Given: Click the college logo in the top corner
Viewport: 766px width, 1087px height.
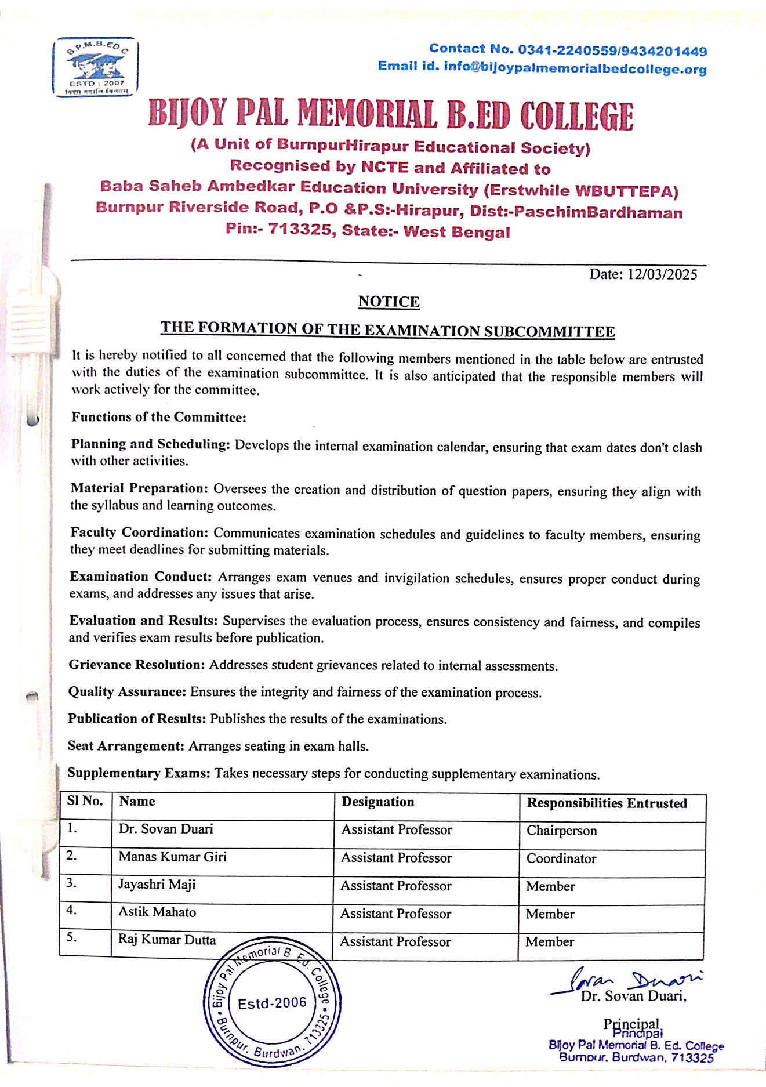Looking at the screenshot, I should pos(96,67).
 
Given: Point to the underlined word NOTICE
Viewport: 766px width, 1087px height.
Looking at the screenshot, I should pos(389,302).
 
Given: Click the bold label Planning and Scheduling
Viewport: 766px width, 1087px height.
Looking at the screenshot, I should pos(150,444).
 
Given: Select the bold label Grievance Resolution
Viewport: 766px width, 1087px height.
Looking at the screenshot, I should pos(137,665).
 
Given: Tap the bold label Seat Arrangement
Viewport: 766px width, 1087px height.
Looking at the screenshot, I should pos(126,746).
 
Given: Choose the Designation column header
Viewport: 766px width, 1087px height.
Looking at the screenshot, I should pos(377,802).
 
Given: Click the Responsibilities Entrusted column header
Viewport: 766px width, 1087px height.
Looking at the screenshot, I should pos(607,803).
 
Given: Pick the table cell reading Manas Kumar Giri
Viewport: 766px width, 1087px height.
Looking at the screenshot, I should pos(172,857).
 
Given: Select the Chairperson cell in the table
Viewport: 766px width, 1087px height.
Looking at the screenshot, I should pos(561,831).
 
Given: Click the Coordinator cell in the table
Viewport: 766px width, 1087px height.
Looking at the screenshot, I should pos(561,858).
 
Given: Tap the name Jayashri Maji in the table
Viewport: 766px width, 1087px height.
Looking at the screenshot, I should pos(157,885).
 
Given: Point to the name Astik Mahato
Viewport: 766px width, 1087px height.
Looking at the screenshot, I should pos(157,912).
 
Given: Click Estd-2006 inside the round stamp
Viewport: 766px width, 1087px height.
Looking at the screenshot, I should pos(272,1003).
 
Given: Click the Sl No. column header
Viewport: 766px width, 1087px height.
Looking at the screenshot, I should pos(85,801).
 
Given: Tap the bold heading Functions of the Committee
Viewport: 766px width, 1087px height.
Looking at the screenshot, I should pos(159,417).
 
